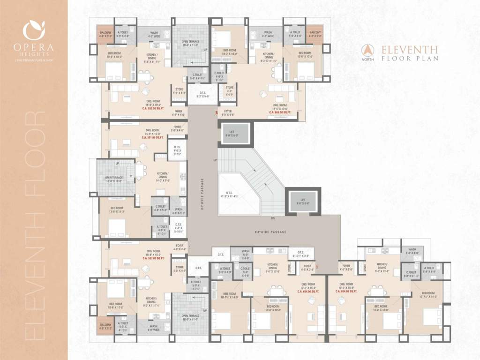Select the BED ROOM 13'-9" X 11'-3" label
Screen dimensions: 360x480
[117, 210]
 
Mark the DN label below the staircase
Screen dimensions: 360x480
[273, 218]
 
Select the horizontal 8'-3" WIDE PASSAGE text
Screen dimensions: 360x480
[270, 232]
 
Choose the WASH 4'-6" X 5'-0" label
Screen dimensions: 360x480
[179, 211]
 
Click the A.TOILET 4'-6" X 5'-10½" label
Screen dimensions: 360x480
[161, 230]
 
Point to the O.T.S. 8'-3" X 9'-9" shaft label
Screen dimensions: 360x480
[203, 94]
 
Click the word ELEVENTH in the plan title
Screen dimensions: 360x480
[410, 49]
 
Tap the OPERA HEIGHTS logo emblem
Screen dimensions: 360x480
[34, 30]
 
